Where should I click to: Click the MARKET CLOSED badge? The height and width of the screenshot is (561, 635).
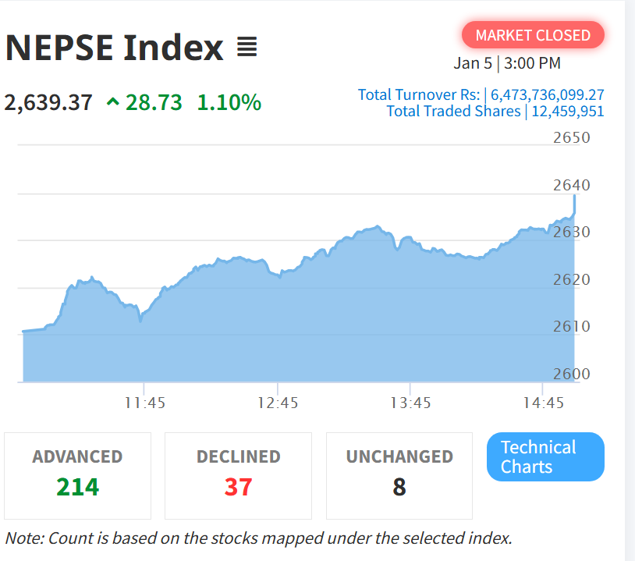pyautogui.click(x=533, y=35)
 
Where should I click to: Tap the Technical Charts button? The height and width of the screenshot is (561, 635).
pyautogui.click(x=545, y=457)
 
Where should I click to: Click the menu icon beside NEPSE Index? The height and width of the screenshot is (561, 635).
pyautogui.click(x=247, y=48)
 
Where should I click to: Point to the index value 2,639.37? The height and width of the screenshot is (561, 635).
pyautogui.click(x=48, y=102)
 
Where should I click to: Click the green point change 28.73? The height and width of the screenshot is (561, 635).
pyautogui.click(x=153, y=102)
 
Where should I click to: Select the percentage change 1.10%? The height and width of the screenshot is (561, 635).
pyautogui.click(x=229, y=102)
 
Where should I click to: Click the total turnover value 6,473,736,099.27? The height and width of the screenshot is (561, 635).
pyautogui.click(x=547, y=95)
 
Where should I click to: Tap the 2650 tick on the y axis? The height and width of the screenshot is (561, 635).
pyautogui.click(x=571, y=138)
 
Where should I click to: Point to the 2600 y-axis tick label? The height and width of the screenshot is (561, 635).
pyautogui.click(x=571, y=374)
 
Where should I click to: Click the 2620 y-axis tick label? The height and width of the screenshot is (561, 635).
pyautogui.click(x=571, y=279)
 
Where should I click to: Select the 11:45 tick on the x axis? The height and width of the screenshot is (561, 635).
pyautogui.click(x=145, y=403)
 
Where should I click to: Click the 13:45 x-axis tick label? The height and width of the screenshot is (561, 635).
pyautogui.click(x=410, y=403)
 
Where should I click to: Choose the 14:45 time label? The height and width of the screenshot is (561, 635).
pyautogui.click(x=543, y=403)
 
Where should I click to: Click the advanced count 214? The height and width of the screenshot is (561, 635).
pyautogui.click(x=77, y=487)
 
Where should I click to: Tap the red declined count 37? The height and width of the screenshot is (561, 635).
pyautogui.click(x=238, y=487)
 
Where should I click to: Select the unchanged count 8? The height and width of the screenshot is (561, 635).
pyautogui.click(x=399, y=487)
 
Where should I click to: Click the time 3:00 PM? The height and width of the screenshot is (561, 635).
pyautogui.click(x=533, y=64)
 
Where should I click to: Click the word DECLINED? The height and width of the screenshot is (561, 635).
pyautogui.click(x=238, y=456)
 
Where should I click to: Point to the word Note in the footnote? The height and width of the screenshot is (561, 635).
pyautogui.click(x=23, y=538)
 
